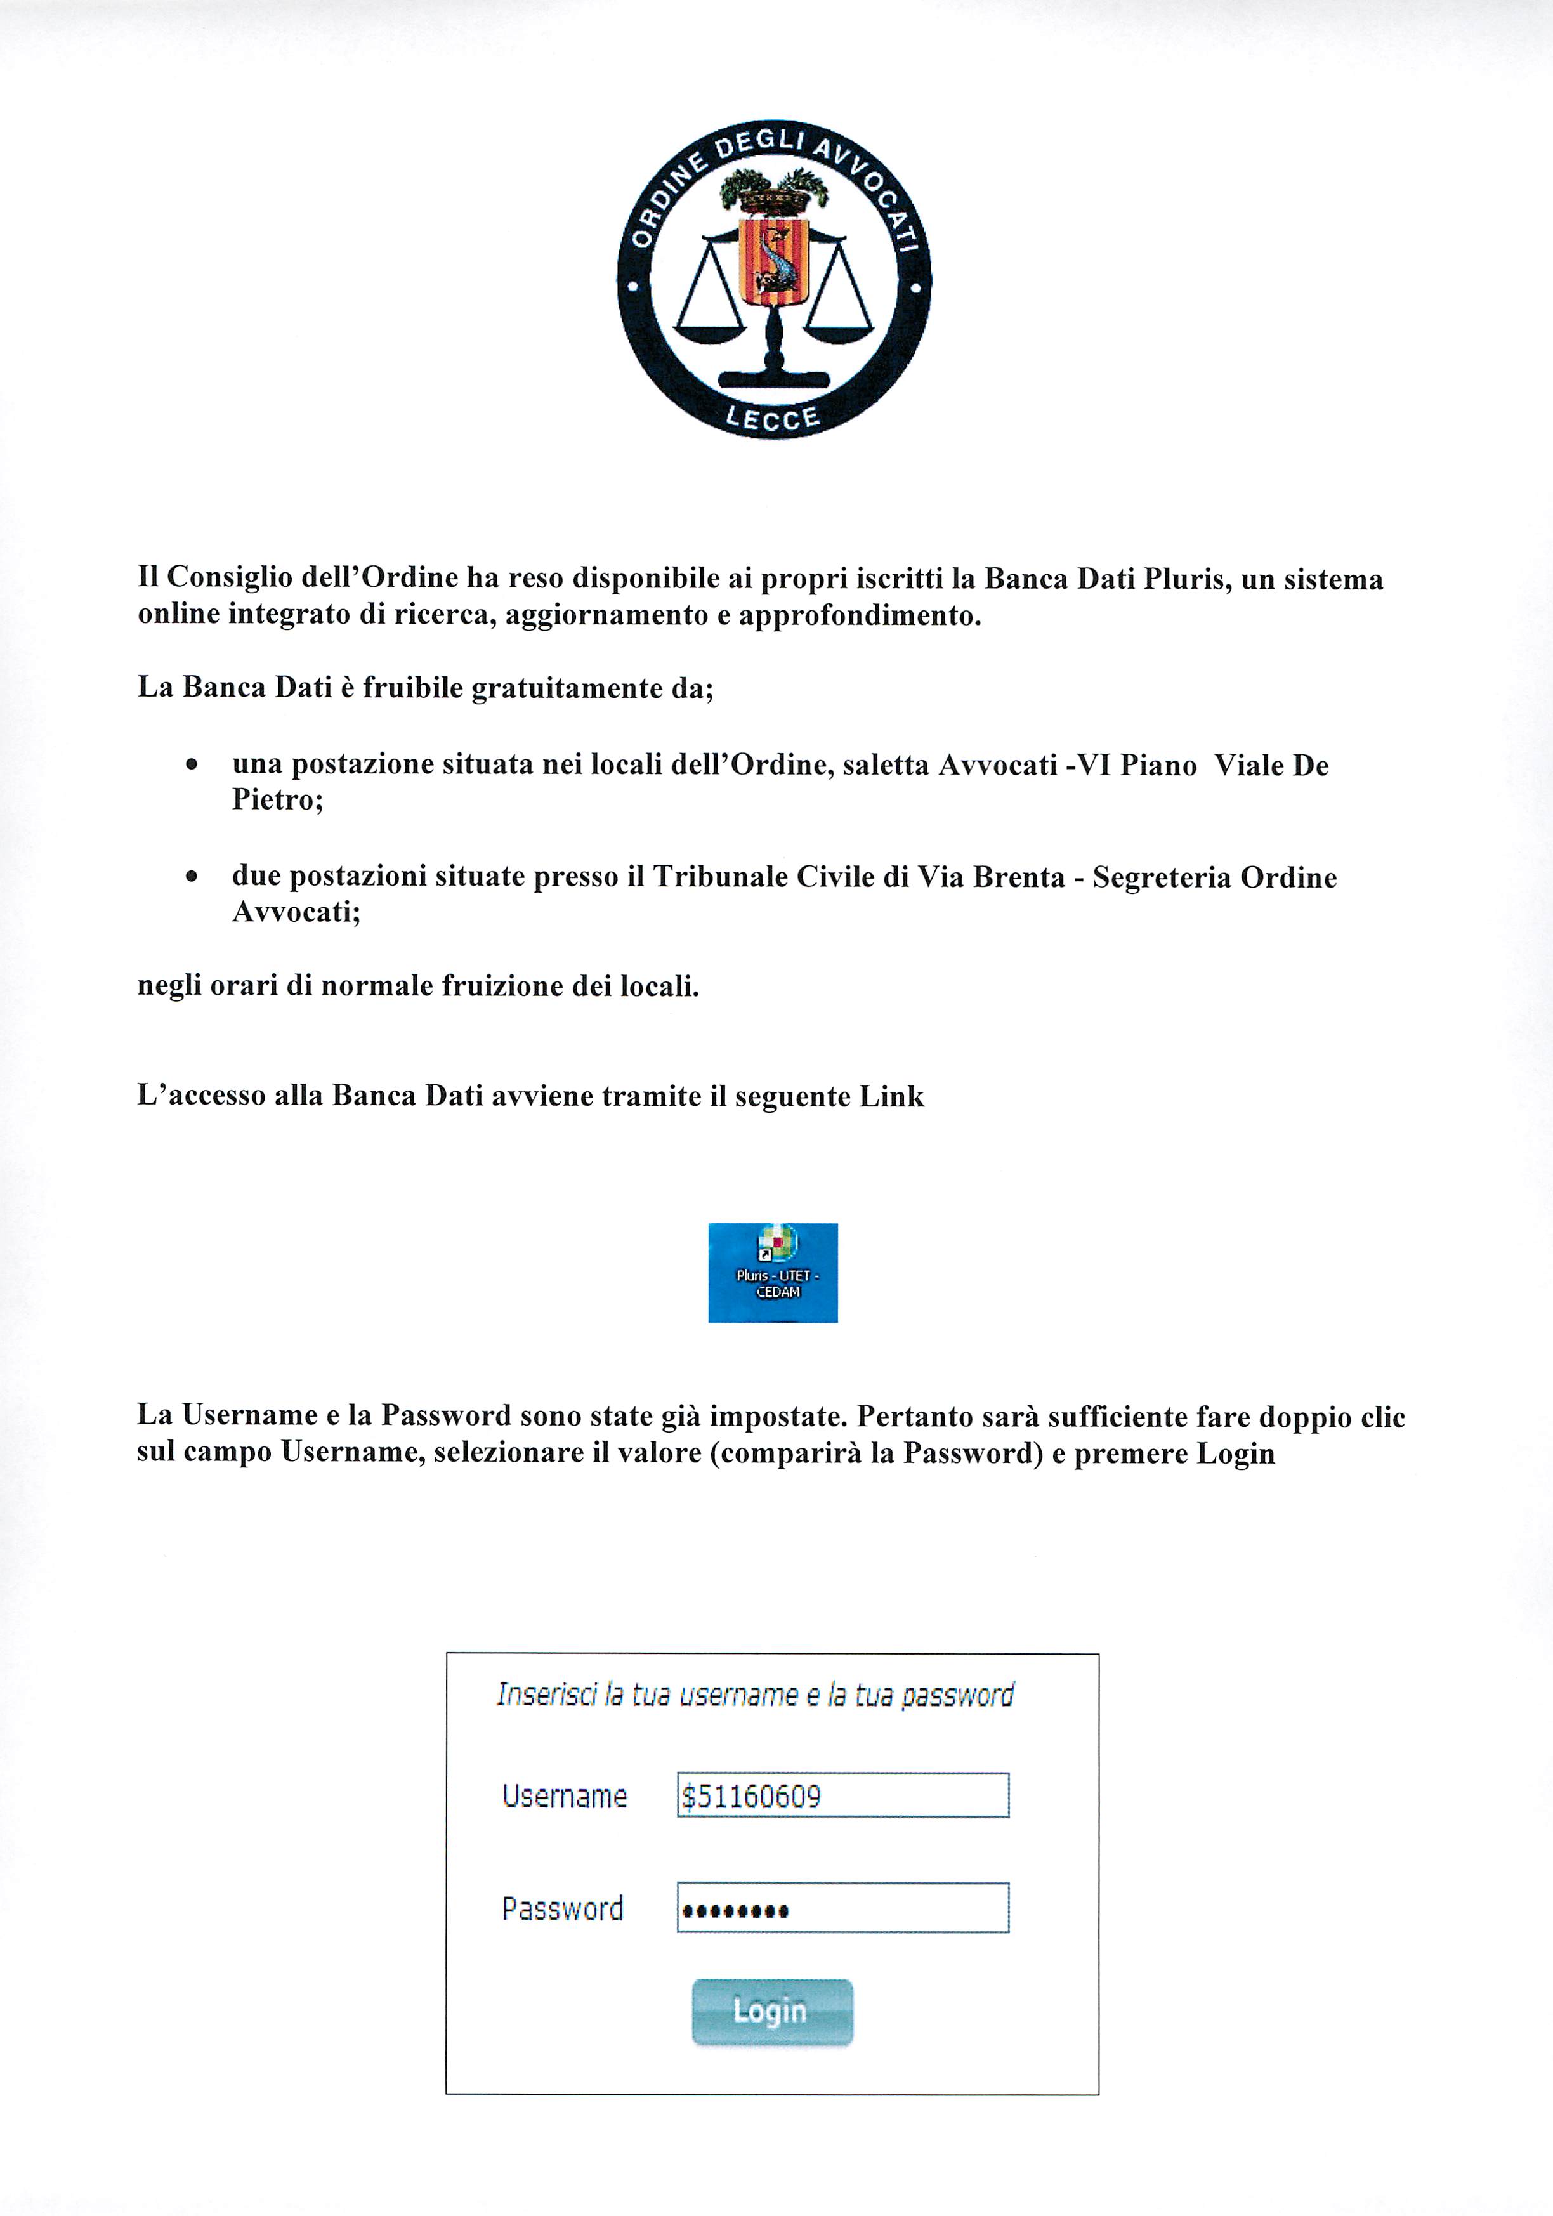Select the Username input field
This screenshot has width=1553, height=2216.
click(x=842, y=1795)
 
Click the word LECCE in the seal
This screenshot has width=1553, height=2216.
click(x=772, y=418)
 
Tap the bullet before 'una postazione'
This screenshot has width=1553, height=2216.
click(x=192, y=765)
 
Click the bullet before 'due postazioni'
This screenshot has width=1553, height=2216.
click(x=192, y=877)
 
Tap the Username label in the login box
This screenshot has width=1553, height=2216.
click(x=565, y=1796)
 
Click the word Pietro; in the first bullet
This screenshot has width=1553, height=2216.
click(x=277, y=799)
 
